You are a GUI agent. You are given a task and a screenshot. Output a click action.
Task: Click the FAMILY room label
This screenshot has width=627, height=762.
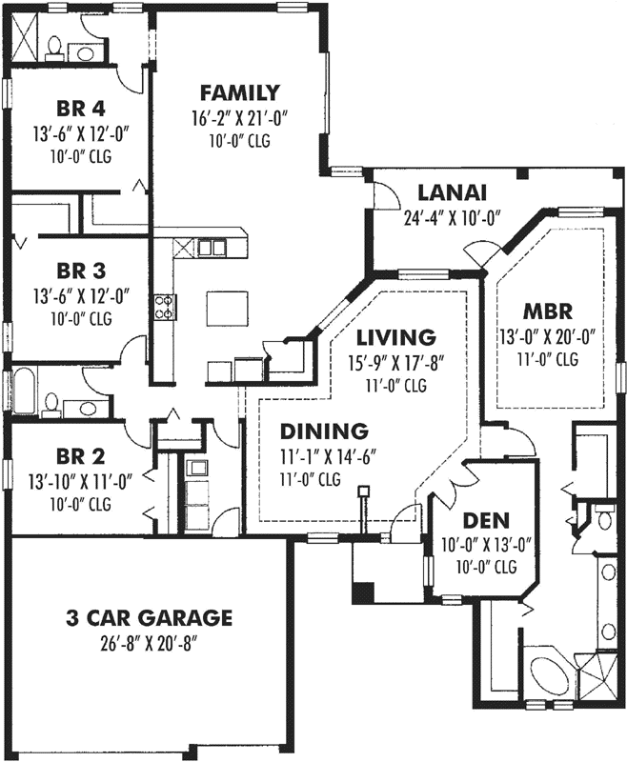pyautogui.click(x=239, y=93)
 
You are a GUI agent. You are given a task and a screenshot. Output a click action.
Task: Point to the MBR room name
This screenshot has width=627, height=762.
pyautogui.click(x=546, y=311)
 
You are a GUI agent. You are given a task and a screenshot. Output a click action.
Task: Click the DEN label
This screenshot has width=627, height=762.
pyautogui.click(x=486, y=521)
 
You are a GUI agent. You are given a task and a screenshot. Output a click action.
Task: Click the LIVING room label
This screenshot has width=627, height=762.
pyautogui.click(x=396, y=337)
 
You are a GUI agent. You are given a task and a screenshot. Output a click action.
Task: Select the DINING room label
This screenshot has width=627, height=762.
pyautogui.click(x=310, y=431)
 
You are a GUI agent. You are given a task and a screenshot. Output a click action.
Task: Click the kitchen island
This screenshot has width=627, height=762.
pyautogui.click(x=222, y=308)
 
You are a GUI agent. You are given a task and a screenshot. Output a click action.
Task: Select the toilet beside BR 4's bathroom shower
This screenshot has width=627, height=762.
pyautogui.click(x=55, y=46)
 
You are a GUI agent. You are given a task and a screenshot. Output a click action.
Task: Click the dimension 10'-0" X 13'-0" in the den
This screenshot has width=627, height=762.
pyautogui.click(x=486, y=546)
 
